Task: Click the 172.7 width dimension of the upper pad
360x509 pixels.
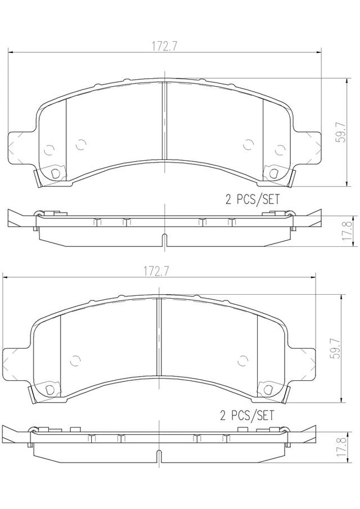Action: pyautogui.click(x=164, y=47)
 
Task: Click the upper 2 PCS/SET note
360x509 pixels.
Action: pyautogui.click(x=252, y=199)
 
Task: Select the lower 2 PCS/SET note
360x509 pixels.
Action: pyautogui.click(x=247, y=416)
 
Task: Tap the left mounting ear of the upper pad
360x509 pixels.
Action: pyautogui.click(x=20, y=148)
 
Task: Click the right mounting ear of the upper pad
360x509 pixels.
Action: pyautogui.click(x=308, y=148)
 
